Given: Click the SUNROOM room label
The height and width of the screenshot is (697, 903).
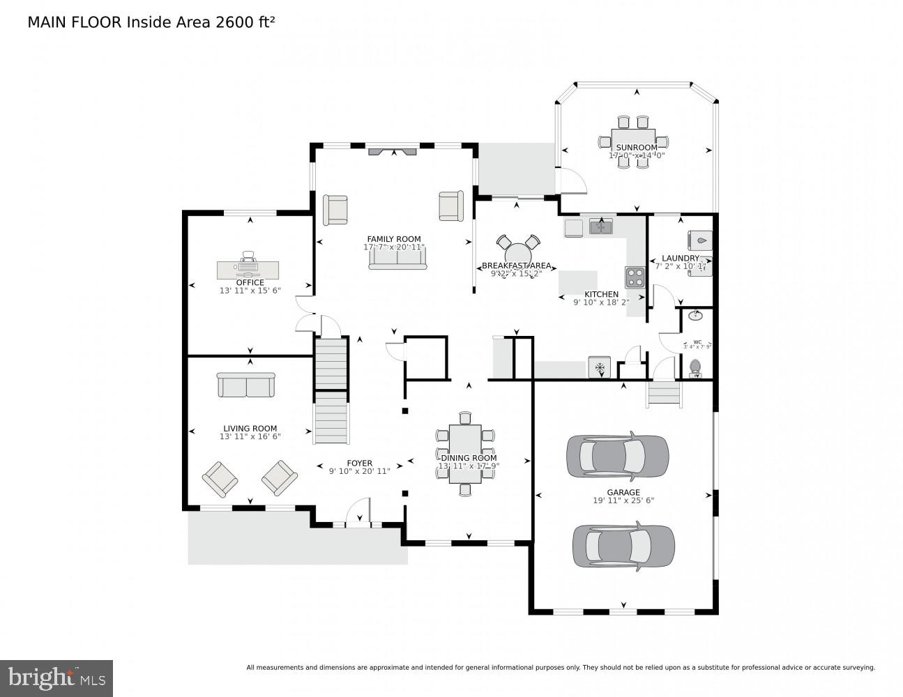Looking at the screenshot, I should tap(636, 148).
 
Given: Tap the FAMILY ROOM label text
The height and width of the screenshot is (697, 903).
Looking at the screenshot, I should tap(394, 239).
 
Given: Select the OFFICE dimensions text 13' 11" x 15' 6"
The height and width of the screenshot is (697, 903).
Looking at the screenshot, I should tap(250, 291).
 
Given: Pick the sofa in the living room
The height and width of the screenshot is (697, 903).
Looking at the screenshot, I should tap(246, 385).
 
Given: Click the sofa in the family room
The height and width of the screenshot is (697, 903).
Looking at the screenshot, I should tap(397, 258).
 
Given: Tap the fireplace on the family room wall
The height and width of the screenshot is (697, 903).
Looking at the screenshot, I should tap(391, 151).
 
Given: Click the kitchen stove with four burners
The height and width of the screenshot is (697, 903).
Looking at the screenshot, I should tap(635, 277).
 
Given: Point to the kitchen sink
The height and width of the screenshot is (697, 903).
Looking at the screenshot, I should tap(600, 227).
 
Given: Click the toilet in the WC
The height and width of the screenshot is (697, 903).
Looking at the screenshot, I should tap(695, 367).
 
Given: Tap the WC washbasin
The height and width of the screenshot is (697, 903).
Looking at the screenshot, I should tap(695, 316).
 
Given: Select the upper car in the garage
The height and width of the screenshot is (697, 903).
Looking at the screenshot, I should tap(617, 457).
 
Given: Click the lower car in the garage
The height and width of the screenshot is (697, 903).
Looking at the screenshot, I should tap(623, 545).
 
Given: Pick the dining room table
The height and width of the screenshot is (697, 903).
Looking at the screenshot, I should tap(465, 454).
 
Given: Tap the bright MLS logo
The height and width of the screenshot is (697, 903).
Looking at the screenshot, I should tap(56, 677).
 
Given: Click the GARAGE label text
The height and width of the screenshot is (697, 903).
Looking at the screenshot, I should tap(623, 493).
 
